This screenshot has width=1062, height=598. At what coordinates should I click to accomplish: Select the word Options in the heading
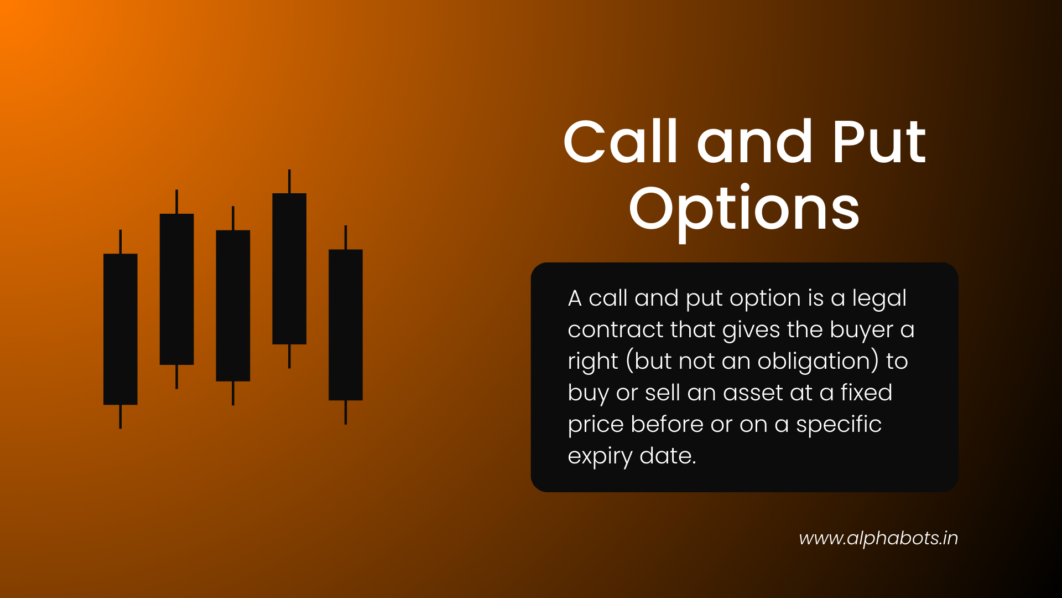point(744,209)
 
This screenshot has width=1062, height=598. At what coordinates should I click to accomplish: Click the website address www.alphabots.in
point(878,538)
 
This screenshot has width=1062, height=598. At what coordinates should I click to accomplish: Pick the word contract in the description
point(615,330)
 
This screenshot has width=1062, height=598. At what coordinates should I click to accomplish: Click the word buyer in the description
point(861,330)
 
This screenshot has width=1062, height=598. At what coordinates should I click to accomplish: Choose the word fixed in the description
point(866,393)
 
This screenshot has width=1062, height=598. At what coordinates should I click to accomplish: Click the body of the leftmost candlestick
point(121,329)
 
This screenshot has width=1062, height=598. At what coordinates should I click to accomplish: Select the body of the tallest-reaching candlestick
point(289,269)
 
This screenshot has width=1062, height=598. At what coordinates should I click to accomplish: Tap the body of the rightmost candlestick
point(346,324)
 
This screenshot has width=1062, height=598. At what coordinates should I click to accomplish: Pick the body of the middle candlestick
point(233,306)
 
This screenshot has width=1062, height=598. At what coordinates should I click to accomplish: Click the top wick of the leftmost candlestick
point(121,242)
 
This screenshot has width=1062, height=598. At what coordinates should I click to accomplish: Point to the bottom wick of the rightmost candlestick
point(346,412)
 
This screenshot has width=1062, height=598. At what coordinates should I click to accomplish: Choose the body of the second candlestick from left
point(177,289)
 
